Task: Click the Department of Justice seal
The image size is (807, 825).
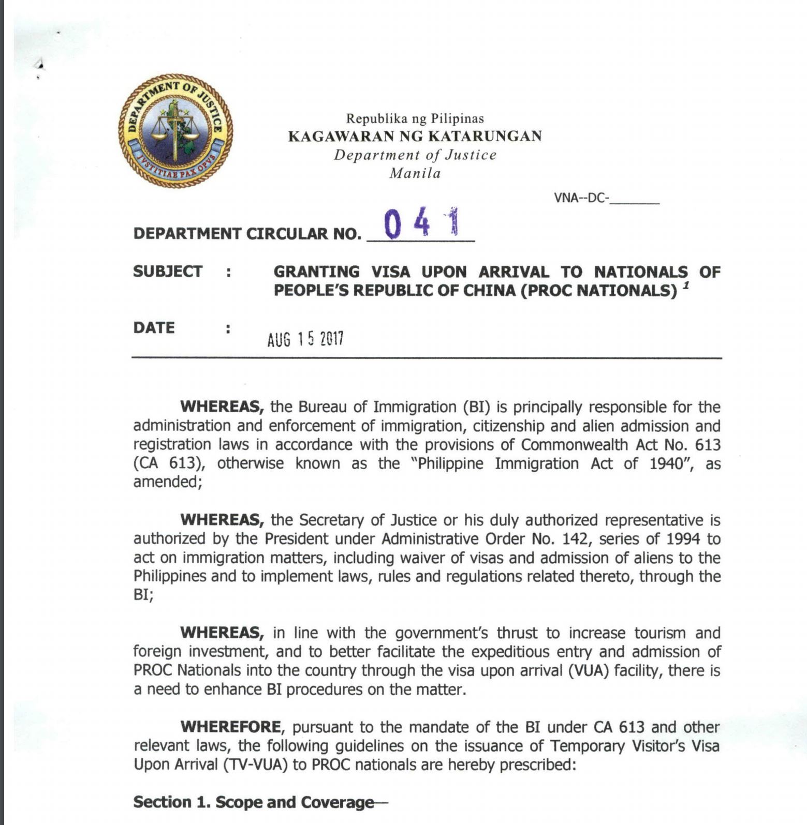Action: [x=175, y=130]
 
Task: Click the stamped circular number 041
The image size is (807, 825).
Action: [x=421, y=223]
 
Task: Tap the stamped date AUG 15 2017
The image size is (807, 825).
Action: [x=305, y=339]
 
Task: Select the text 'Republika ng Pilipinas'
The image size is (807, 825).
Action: [x=415, y=119]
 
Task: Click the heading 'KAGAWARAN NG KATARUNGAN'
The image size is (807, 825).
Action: [x=415, y=137]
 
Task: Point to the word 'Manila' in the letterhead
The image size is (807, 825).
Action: [x=415, y=173]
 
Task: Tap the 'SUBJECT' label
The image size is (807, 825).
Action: [x=167, y=272]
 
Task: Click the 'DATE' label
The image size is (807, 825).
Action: [x=154, y=328]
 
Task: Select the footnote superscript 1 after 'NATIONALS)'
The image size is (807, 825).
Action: [x=686, y=286]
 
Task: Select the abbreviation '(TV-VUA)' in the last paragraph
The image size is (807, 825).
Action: [x=255, y=764]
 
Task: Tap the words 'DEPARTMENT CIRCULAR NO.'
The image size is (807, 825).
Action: [x=247, y=234]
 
